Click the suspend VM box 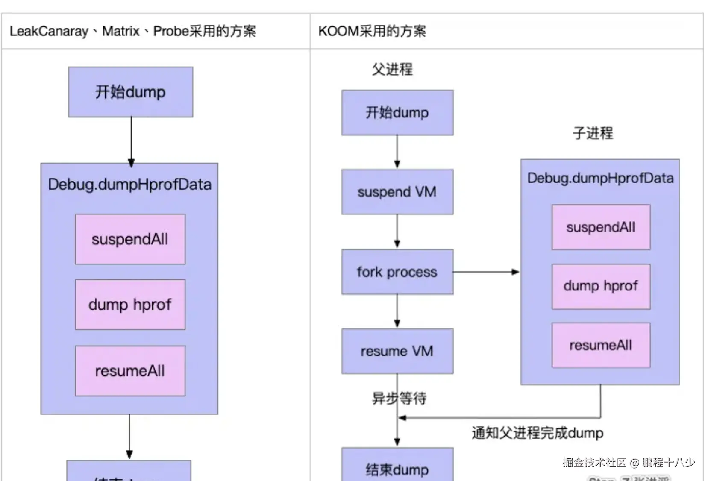397,192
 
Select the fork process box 397,272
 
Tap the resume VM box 397,351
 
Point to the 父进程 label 392,69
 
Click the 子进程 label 593,133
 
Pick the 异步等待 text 399,399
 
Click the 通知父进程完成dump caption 537,433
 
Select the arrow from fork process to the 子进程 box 486,272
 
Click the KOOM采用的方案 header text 372,31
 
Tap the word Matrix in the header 121,31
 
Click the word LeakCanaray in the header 49,31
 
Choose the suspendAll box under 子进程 600,227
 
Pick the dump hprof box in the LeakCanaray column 130,305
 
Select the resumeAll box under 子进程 600,345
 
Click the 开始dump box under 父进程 397,113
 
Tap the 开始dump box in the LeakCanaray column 130,92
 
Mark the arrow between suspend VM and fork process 397,231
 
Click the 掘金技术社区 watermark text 594,462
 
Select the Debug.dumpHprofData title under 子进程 600,178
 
